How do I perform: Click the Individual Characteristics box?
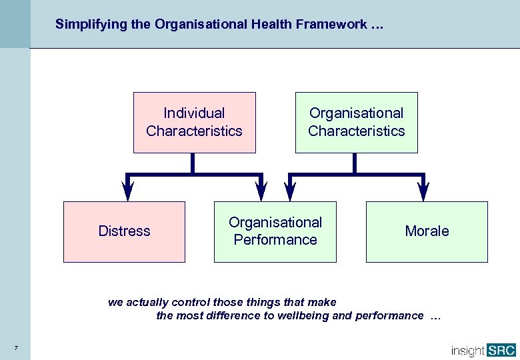(194, 123)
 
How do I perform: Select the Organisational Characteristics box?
(356, 123)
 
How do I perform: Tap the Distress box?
(124, 231)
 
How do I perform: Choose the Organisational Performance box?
(275, 231)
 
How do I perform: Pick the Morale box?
(427, 231)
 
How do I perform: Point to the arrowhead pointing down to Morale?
(423, 191)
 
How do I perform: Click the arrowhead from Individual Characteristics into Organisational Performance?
(261, 191)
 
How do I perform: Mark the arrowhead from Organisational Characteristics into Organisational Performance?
(289, 191)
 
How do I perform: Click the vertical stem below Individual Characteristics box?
(193, 163)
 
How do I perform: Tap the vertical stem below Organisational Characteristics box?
(355, 163)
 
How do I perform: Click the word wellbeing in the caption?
(304, 315)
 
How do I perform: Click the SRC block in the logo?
(501, 349)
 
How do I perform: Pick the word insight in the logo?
(467, 350)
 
